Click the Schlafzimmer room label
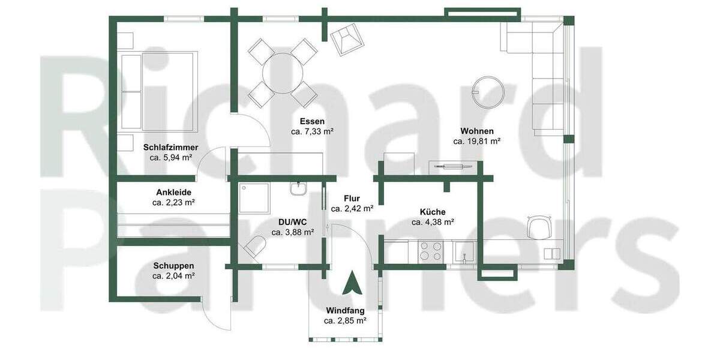[x=171, y=147]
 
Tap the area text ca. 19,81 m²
[x=477, y=142]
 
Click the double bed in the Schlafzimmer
[x=159, y=91]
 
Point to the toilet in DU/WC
[x=254, y=247]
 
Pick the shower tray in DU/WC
[x=254, y=198]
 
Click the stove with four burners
[x=431, y=250]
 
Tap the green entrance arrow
[x=349, y=283]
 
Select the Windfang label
[x=346, y=310]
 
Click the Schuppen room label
[x=173, y=266]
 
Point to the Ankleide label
[x=173, y=192]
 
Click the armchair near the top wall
[x=346, y=40]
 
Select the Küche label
[x=432, y=211]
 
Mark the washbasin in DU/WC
[x=299, y=189]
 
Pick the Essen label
[x=312, y=121]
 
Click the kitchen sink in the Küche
[x=464, y=252]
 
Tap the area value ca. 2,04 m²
[x=173, y=276]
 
